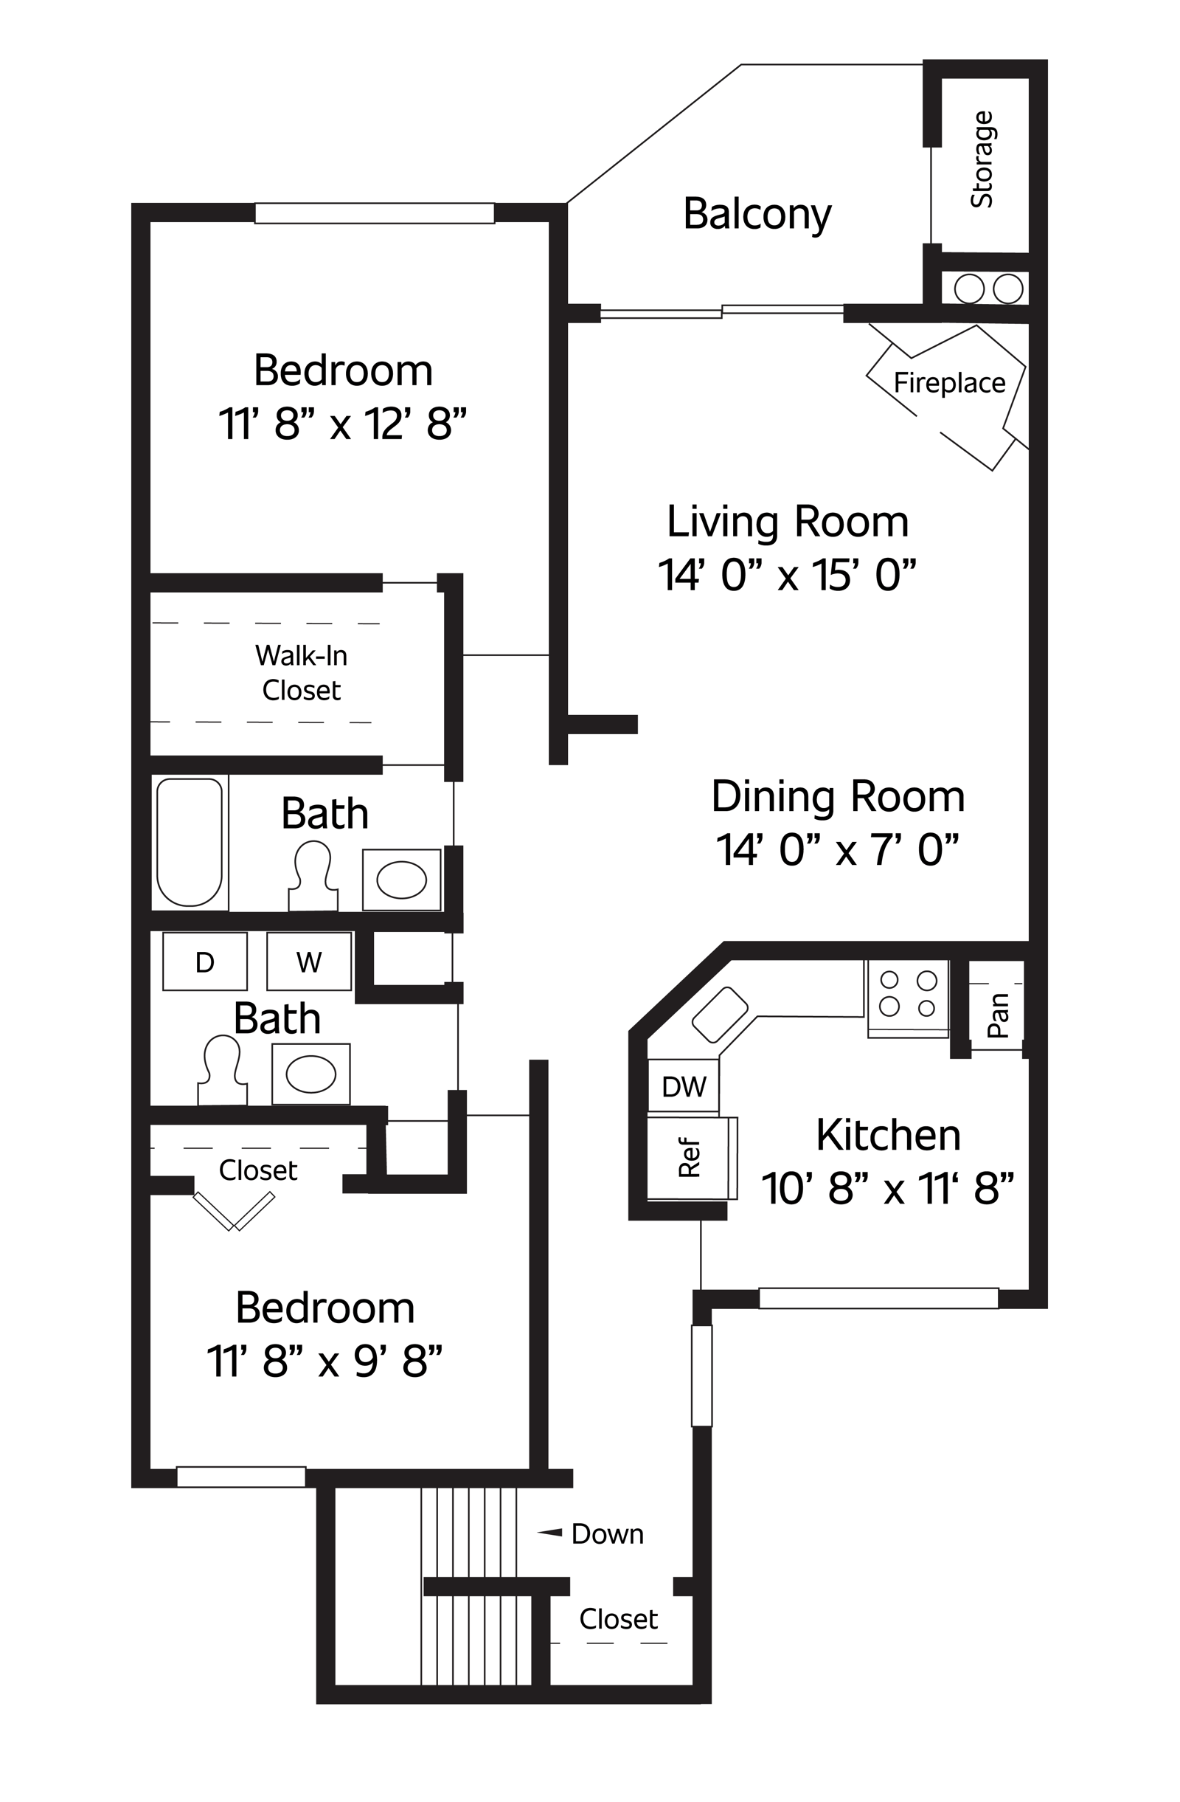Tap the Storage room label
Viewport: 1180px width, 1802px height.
click(x=982, y=159)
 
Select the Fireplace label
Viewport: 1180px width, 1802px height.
click(x=949, y=382)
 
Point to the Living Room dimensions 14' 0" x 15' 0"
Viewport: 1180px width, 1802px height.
click(x=786, y=575)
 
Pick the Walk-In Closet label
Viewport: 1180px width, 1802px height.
click(x=301, y=672)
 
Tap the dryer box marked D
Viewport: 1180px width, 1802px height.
click(x=205, y=961)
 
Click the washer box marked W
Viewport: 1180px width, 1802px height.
click(x=309, y=961)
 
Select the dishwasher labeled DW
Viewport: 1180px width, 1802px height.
click(x=683, y=1085)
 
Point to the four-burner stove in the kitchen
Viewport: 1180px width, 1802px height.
click(x=908, y=998)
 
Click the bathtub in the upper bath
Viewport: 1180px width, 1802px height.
click(x=190, y=842)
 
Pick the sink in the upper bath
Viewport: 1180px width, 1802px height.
click(x=401, y=880)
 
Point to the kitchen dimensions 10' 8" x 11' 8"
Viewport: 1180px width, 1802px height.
click(x=887, y=1188)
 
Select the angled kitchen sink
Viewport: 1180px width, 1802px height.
click(x=720, y=1015)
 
